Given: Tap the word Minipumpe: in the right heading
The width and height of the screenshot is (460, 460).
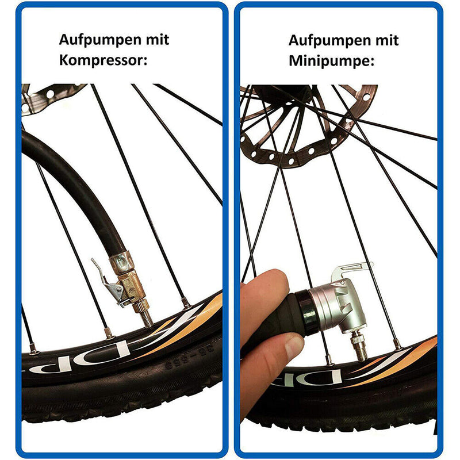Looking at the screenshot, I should (331, 60).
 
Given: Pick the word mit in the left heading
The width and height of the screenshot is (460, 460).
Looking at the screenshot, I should (157, 41).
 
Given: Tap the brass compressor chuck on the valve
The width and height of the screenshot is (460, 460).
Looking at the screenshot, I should (128, 282).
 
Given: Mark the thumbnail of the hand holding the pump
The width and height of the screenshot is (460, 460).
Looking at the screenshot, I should (293, 346).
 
